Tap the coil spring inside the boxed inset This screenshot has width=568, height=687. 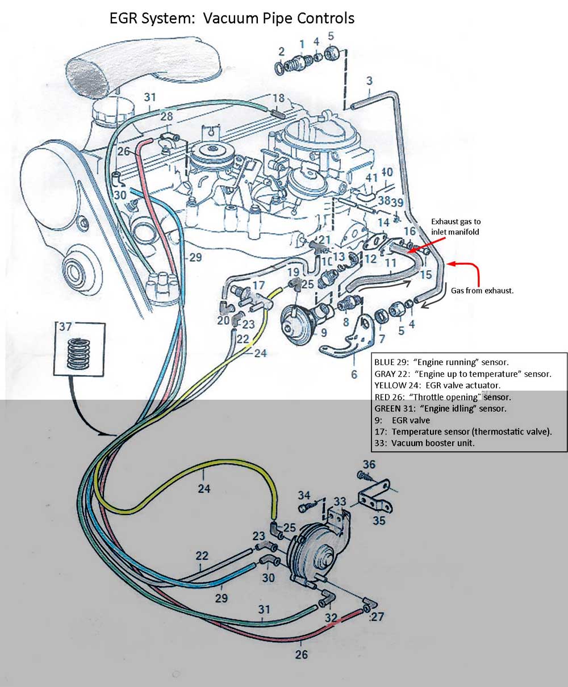point(80,355)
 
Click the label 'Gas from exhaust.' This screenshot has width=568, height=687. point(482,290)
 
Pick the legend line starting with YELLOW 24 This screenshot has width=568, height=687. point(437,386)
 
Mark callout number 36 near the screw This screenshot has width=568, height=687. point(369,464)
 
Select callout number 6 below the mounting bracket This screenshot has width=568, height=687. point(354,374)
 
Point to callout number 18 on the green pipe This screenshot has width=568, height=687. point(278,98)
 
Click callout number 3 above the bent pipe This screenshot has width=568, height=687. point(369,81)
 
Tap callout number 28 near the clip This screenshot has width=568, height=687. point(166,116)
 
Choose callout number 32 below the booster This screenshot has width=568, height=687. point(331,618)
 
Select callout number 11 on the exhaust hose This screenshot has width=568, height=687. point(390,263)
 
